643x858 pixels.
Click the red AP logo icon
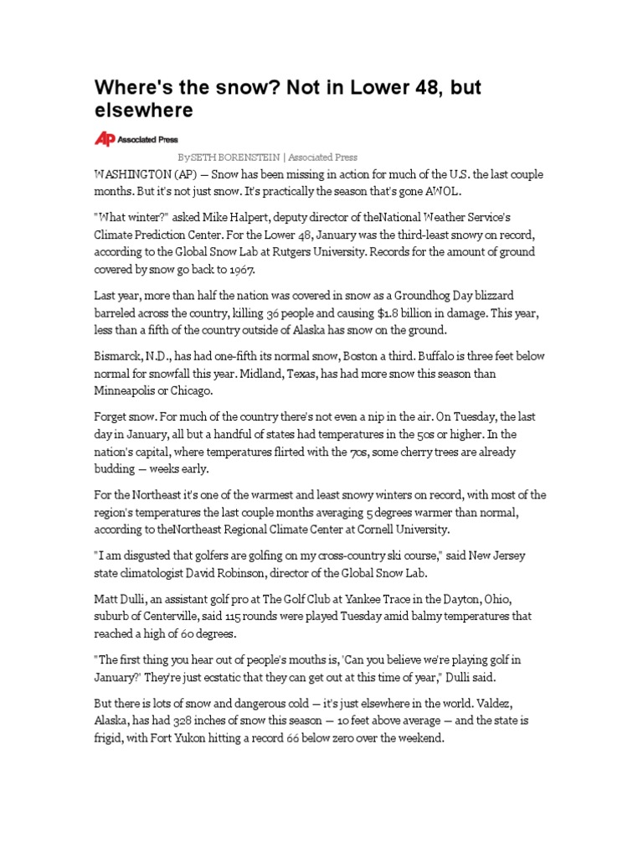(104, 140)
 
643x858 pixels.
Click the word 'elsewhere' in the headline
(143, 110)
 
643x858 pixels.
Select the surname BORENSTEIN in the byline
(247, 158)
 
